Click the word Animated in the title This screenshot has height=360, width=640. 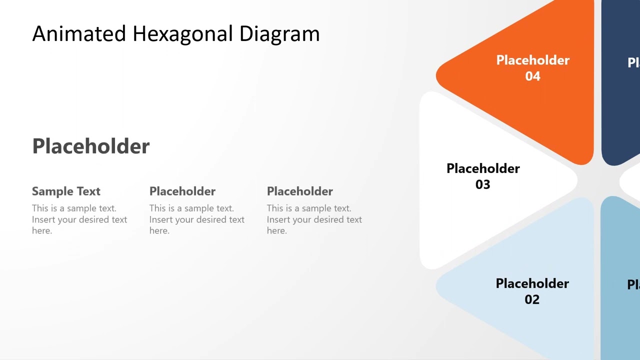pos(79,34)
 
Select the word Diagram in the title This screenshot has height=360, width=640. pos(279,34)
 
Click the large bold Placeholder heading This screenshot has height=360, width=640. pos(91,146)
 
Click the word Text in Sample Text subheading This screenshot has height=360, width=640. pos(88,191)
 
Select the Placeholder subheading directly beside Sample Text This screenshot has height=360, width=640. pos(182,191)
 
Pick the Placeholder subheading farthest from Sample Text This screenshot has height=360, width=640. pos(300,191)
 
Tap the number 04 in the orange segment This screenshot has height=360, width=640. pos(532,76)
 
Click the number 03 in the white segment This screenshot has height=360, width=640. pos(482,184)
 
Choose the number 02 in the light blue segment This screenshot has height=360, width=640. pos(532,299)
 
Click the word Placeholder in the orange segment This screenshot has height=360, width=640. pos(532,60)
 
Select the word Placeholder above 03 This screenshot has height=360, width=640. pos(483,169)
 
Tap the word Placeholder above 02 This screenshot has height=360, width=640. pos(532,283)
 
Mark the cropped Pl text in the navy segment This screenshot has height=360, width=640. pos(633,62)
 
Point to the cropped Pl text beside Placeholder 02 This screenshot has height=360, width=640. pos(633,284)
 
